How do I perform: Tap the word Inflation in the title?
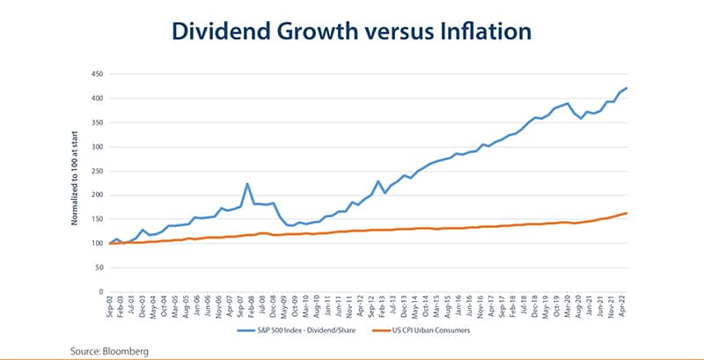pyautogui.click(x=486, y=32)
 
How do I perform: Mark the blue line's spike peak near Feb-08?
pyautogui.click(x=248, y=183)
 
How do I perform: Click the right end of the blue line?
pyautogui.click(x=627, y=88)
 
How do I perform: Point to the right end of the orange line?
pyautogui.click(x=627, y=213)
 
